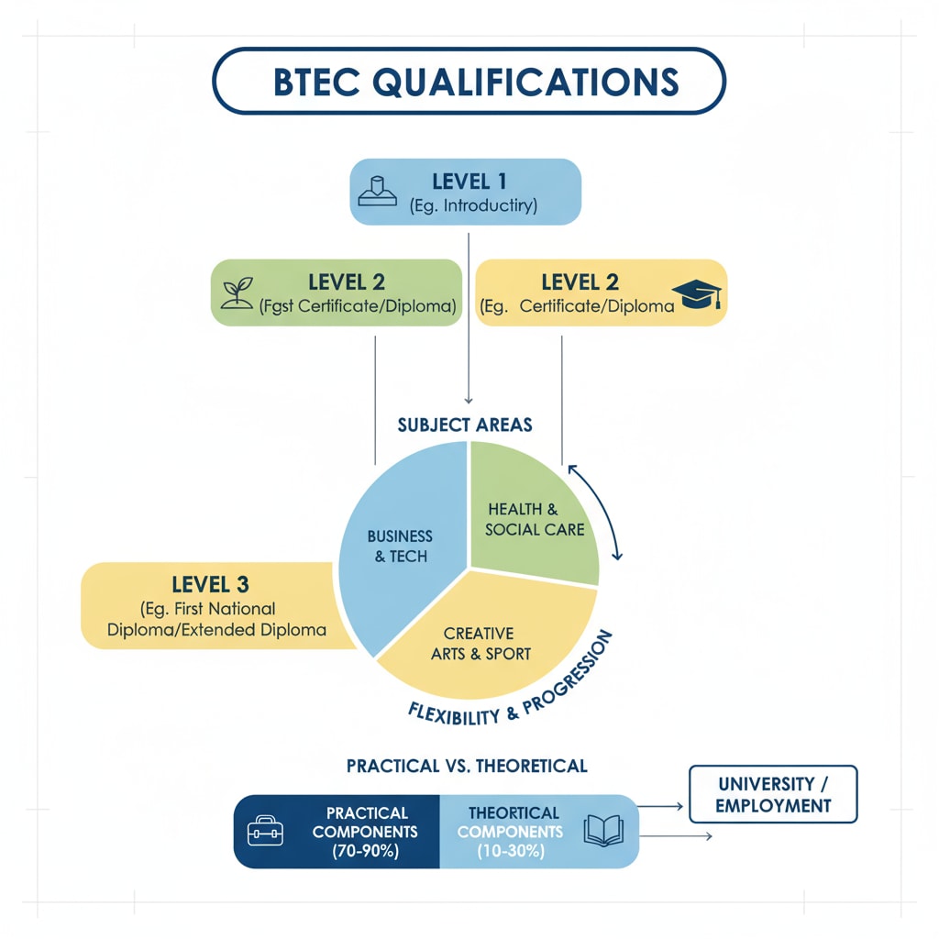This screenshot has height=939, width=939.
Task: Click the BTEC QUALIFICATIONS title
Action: point(469,82)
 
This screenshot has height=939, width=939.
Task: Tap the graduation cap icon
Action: point(698,293)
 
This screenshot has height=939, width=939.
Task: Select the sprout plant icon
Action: point(237,291)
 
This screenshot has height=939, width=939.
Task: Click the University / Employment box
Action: point(773,795)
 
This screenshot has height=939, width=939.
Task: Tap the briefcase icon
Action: point(266,832)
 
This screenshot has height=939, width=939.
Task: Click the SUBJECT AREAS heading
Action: point(465,425)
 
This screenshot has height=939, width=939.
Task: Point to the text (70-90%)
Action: point(364,851)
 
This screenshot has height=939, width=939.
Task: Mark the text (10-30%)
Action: point(510,851)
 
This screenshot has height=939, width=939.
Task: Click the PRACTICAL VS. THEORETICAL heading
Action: point(467,765)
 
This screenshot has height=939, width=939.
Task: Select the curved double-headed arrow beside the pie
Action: point(596,511)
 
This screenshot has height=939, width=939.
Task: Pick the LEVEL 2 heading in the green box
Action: point(334,282)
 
